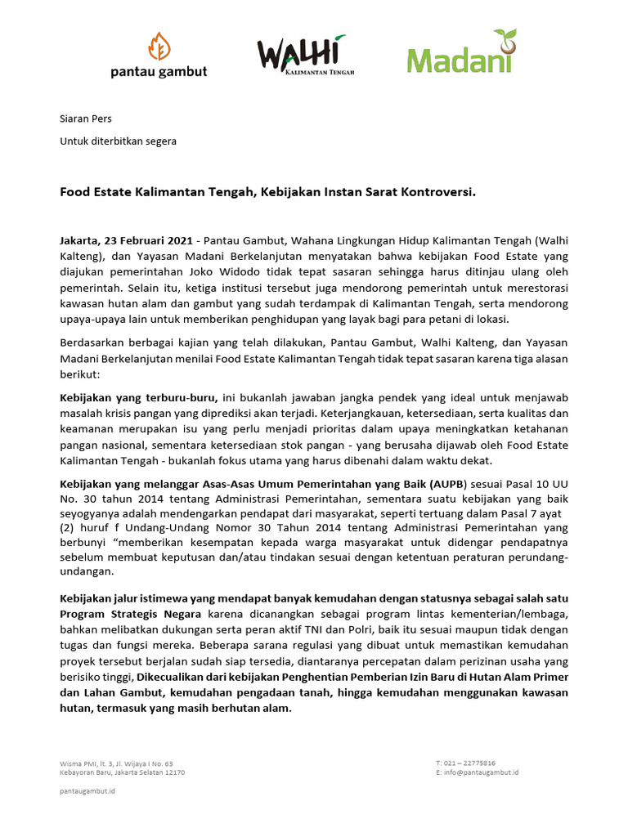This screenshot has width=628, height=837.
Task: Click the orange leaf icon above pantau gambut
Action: point(159,47)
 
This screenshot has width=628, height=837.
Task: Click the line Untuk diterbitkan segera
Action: point(118,141)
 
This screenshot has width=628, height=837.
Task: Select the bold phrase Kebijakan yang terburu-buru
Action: point(138,397)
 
